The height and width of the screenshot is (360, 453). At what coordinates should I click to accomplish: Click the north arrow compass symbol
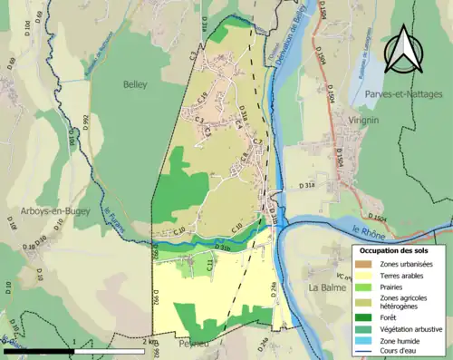point(402,50)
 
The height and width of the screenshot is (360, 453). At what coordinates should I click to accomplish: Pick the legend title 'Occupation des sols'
point(396,250)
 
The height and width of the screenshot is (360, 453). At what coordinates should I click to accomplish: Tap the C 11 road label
point(208,264)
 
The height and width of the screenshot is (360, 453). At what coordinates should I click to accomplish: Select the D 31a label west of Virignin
point(306,185)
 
